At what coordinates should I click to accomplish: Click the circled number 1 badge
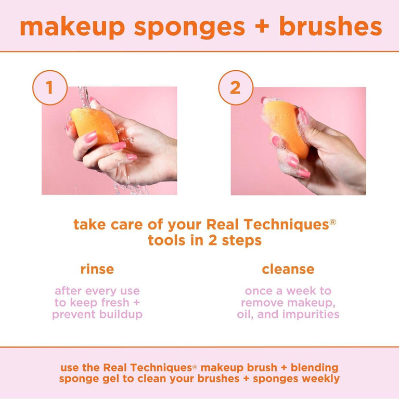tap(49, 87)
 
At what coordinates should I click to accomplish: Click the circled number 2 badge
tap(235, 87)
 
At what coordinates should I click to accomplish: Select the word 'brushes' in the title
tap(330, 27)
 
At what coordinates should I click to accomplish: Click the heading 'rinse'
tap(97, 269)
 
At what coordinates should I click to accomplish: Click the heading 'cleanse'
tap(288, 269)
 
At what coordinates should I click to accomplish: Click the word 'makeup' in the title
tap(72, 27)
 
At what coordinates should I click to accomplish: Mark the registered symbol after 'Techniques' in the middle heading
tap(332, 222)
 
